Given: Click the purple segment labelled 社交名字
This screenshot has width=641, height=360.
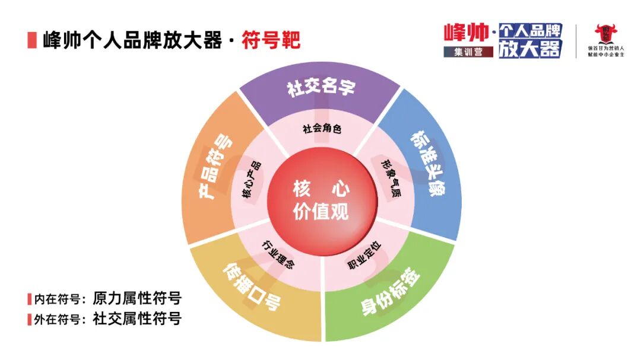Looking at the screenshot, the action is tap(320, 88).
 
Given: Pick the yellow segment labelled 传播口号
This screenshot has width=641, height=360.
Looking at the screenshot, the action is tap(252, 288).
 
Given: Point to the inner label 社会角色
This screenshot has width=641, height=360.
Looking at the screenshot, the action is tap(321, 128).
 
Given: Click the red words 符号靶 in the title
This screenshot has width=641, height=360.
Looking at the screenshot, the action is tap(271, 40).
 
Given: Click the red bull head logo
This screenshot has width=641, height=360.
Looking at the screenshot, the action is tap(606, 34).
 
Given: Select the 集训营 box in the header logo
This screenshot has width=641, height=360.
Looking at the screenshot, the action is tap(468, 52).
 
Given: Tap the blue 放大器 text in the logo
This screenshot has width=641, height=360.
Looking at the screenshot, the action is tap(529, 49).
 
